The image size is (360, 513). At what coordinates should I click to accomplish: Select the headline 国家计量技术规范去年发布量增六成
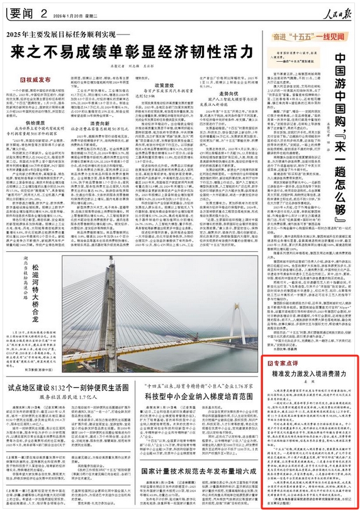[197, 471]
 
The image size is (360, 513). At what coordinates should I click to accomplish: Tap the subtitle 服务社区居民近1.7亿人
[70, 399]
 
